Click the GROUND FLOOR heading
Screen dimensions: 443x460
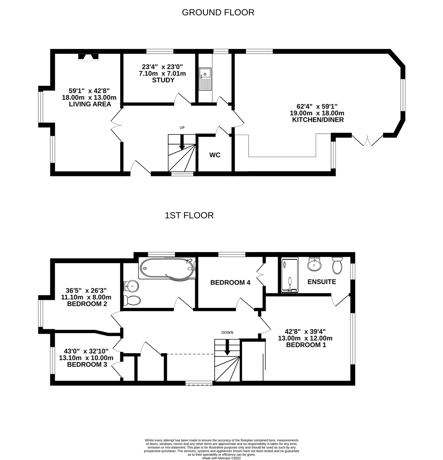point(218,12)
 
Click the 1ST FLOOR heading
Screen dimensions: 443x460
point(189,216)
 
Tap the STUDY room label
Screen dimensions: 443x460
point(163,80)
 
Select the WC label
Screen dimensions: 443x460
point(215,155)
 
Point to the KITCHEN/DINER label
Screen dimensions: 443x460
point(318,120)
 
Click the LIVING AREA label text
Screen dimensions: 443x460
point(90,104)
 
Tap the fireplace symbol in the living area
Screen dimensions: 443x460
point(88,57)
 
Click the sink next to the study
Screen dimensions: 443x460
point(205,79)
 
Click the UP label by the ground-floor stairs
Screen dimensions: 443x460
point(182,128)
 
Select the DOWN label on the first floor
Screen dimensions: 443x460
point(227,332)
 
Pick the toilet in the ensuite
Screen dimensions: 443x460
point(337,265)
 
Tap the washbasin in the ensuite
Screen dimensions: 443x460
point(315,264)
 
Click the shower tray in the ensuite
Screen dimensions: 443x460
point(290,275)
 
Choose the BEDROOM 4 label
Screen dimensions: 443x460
point(230,282)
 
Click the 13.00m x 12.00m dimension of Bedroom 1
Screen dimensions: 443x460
point(305,338)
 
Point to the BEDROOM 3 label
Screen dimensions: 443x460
point(87,365)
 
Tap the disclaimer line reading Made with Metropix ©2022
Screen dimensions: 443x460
point(222,457)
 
